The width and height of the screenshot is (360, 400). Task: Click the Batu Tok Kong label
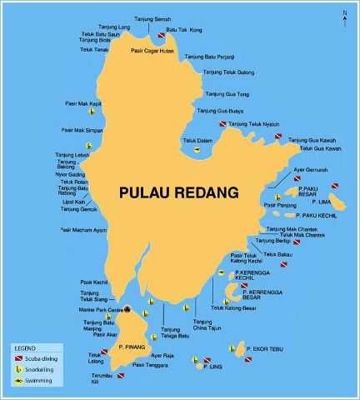pyautogui.click(x=184, y=31)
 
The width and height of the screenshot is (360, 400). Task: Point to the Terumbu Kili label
pyautogui.click(x=101, y=381)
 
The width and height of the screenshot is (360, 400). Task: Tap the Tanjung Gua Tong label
pyautogui.click(x=221, y=94)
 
